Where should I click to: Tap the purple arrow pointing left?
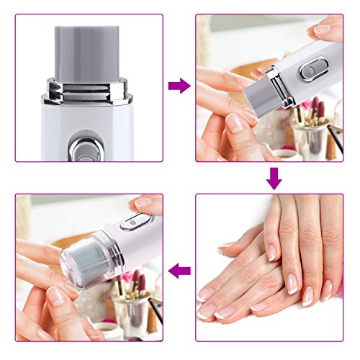click(179, 271)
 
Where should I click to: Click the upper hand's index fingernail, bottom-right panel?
click(271, 252)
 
